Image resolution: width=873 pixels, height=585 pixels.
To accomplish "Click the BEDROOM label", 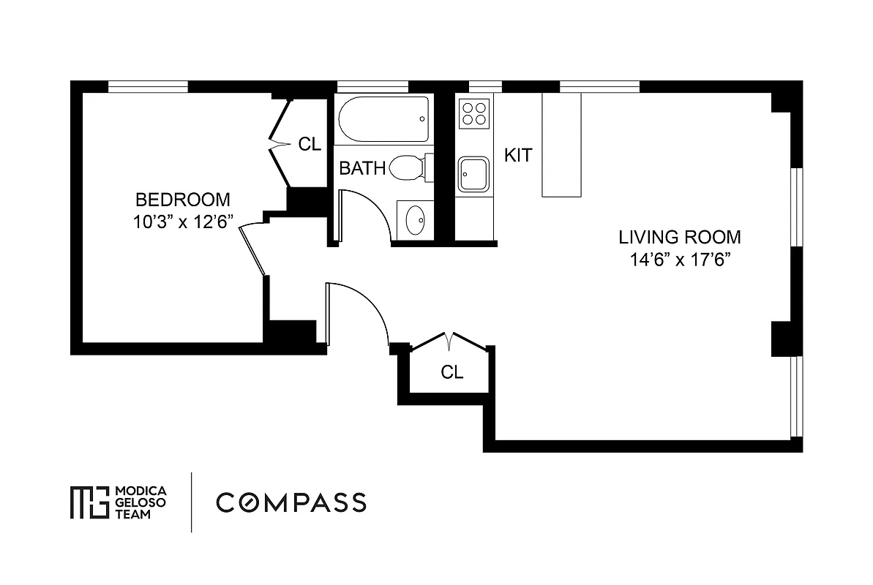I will point(183,199).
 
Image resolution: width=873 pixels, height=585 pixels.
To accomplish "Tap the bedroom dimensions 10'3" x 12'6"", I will point(183,222).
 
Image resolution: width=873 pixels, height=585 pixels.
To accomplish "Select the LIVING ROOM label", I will point(679,237).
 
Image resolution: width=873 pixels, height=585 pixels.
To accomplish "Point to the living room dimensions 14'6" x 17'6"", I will point(679,260).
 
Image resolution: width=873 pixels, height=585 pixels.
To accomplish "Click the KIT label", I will point(518,155).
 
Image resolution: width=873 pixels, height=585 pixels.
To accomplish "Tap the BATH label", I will point(362,169).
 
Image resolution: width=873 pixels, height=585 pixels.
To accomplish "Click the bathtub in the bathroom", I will point(383,119).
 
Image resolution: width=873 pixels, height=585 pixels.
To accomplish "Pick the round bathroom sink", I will point(415,220).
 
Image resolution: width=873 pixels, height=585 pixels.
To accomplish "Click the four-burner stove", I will point(473,114).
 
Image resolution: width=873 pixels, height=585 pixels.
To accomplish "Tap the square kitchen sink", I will point(473,174).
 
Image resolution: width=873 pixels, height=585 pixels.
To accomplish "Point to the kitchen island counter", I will point(561,145).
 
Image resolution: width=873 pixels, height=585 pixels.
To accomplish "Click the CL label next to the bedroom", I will point(310,144).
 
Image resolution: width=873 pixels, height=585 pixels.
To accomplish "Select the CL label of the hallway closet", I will point(452,372).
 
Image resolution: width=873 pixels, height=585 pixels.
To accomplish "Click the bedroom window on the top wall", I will point(148,86).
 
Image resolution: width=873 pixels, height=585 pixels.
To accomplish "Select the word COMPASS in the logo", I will point(291,502).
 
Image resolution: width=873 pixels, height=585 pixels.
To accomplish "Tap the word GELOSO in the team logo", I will point(142,502).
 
